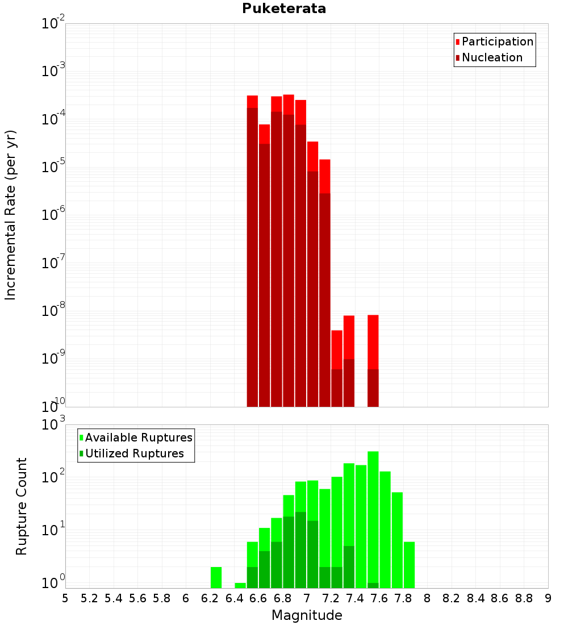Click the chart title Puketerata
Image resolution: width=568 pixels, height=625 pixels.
pos(284,9)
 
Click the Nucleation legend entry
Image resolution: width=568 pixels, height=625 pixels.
pos(492,57)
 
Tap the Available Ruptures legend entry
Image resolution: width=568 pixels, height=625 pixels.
pos(139,438)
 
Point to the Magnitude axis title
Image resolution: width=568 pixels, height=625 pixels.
pos(307,615)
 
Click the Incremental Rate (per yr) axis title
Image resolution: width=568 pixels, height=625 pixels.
pos(11,215)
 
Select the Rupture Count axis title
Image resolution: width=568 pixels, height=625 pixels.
pos(22,506)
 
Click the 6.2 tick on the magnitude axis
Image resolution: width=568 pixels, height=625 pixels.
pos(210,598)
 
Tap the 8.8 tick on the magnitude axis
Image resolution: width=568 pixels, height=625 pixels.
pos(524,598)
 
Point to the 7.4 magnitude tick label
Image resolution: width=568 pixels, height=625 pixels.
pos(355,598)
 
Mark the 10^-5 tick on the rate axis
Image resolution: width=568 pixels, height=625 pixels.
pos(53,167)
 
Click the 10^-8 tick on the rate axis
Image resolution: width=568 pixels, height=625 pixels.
pos(53,311)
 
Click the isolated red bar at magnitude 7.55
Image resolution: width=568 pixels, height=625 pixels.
pos(373,361)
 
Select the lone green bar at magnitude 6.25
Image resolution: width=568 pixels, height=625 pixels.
pos(216,577)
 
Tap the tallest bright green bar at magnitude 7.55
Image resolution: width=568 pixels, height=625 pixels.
pos(373,511)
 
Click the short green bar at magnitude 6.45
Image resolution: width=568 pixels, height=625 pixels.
pos(240,585)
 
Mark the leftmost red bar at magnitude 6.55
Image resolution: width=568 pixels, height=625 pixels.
pos(252,250)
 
